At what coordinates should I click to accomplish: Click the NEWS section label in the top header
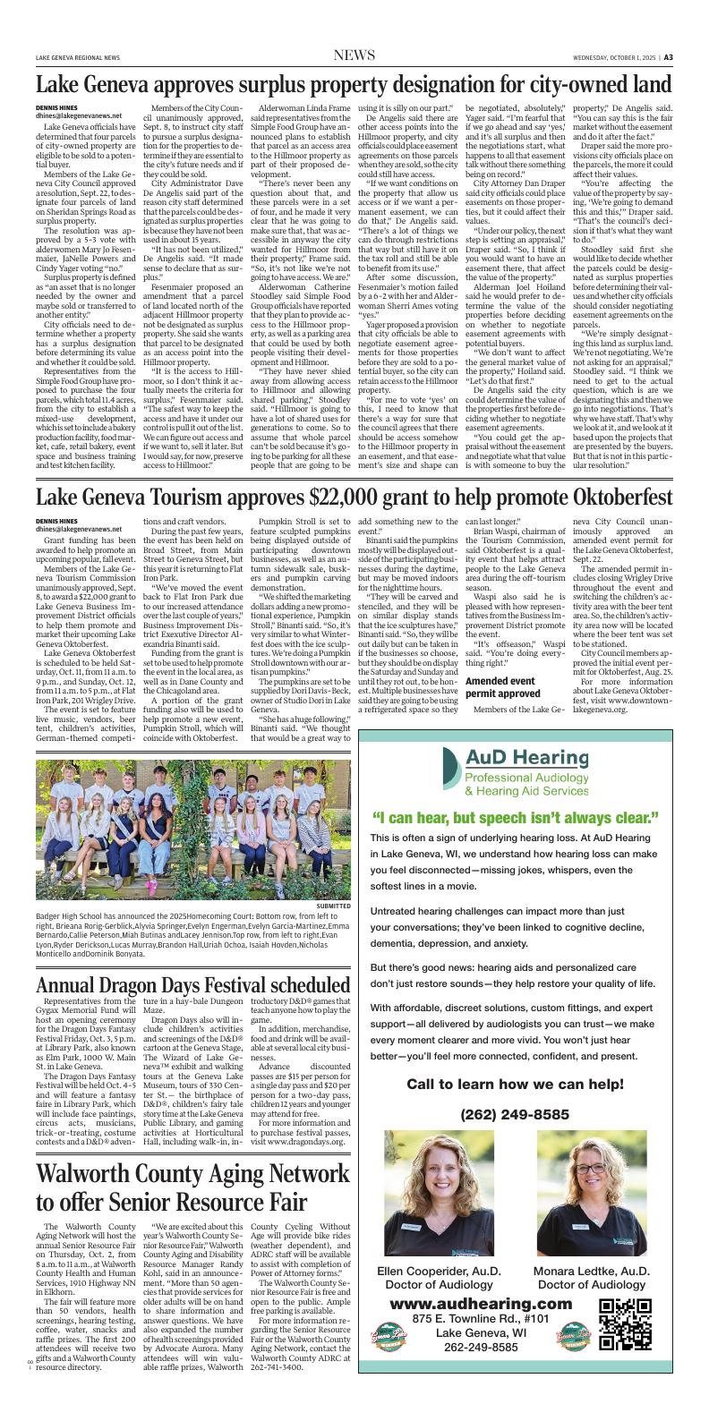coord(354,56)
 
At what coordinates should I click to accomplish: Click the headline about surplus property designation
coord(354,85)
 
